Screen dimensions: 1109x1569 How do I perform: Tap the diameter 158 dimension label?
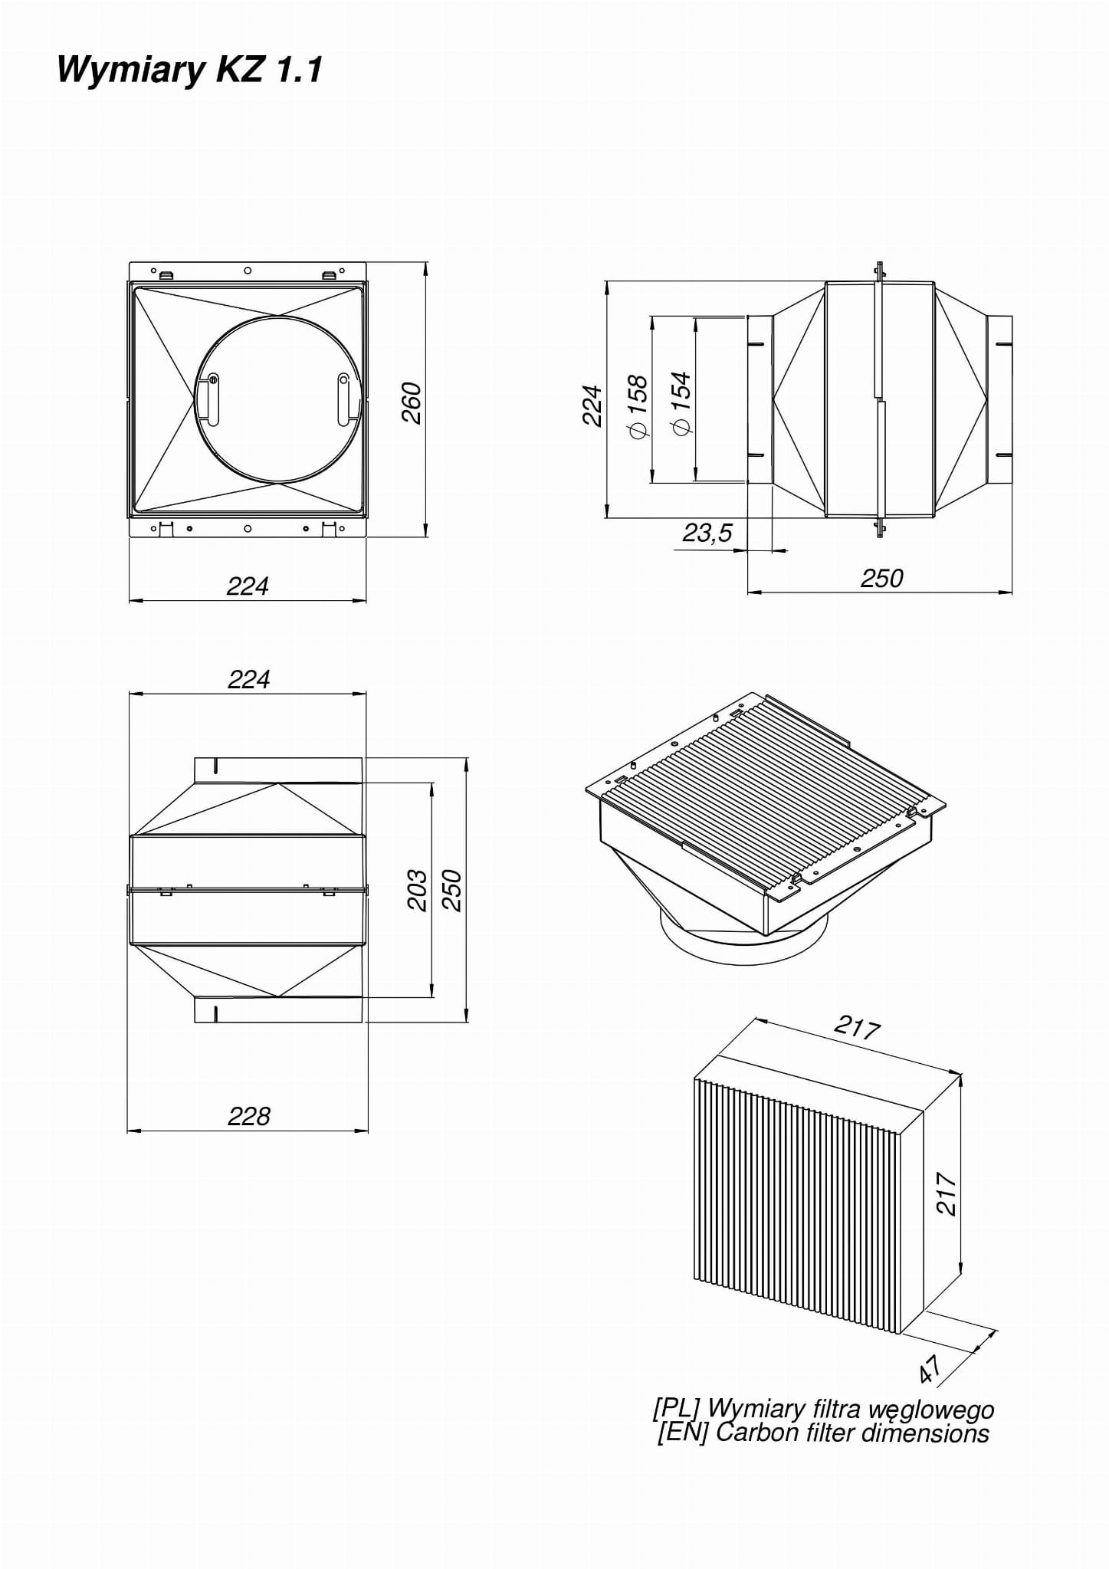pos(638,406)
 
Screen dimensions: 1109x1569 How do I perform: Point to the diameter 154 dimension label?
pos(681,405)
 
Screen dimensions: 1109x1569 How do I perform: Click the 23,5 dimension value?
pos(707,532)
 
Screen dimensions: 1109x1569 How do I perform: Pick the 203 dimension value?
pos(416,890)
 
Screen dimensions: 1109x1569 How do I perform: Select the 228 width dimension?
pos(248,1116)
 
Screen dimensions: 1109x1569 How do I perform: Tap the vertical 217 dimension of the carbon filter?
pos(947,1193)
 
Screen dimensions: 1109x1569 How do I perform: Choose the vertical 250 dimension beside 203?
pos(452,890)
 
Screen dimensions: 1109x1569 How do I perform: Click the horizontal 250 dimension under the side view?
pos(881,578)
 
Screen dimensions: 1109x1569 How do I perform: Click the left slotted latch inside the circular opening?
pos(212,399)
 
